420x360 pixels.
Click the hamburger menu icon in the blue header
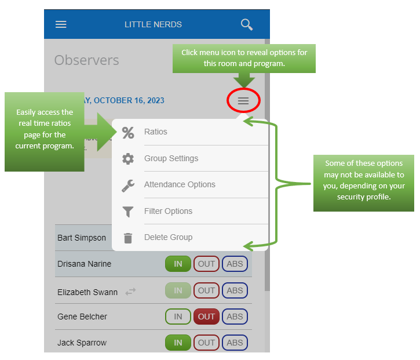click(61, 24)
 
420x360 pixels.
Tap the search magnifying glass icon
click(247, 24)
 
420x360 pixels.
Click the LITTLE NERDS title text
click(153, 24)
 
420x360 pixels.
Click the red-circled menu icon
click(243, 101)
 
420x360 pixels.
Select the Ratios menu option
click(155, 132)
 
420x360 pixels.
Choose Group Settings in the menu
click(171, 158)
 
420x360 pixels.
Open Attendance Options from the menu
click(180, 184)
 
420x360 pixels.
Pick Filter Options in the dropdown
click(168, 211)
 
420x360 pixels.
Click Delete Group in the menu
click(168, 237)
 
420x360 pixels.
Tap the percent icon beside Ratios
click(128, 132)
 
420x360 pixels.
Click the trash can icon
click(128, 238)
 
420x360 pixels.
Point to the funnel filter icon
click(128, 212)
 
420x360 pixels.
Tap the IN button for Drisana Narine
click(178, 264)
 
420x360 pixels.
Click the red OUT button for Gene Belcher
click(206, 317)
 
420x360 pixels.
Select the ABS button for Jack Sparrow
click(235, 343)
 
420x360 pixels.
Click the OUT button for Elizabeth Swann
click(206, 290)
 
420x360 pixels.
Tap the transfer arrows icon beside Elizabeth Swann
click(130, 292)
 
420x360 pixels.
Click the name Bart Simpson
click(82, 238)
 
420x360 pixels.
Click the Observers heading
click(86, 60)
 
